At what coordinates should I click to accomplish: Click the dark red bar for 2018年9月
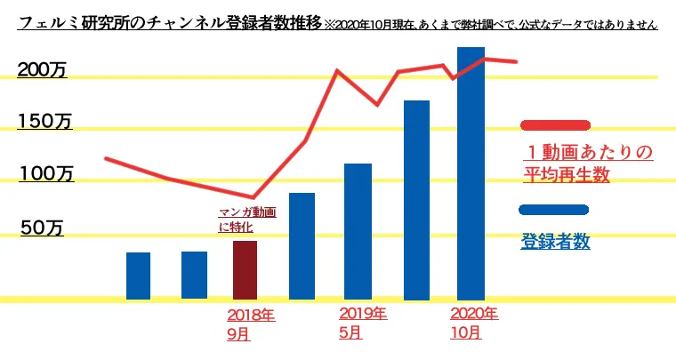[x=245, y=269]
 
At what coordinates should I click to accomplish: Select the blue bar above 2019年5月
[x=357, y=231]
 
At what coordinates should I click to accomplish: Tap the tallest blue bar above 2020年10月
[x=470, y=173]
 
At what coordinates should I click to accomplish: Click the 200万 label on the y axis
[x=43, y=71]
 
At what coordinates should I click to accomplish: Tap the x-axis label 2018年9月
[x=251, y=324]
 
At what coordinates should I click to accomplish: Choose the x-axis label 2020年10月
[x=474, y=324]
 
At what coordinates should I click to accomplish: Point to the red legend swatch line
[x=553, y=125]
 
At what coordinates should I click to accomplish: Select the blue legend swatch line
[x=553, y=211]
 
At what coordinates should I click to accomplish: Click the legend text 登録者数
[x=555, y=241]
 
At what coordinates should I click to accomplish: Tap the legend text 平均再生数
[x=567, y=175]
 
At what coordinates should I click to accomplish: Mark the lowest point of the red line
[x=253, y=197]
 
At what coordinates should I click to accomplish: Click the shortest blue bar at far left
[x=138, y=276]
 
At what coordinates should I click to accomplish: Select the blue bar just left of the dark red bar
[x=194, y=275]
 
